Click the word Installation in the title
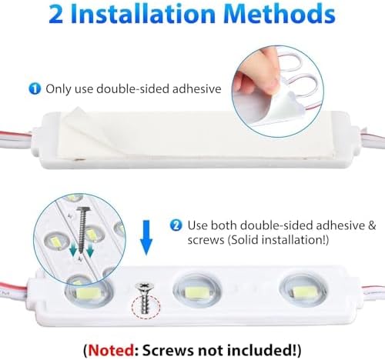[x=142, y=14]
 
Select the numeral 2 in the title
[x=55, y=15]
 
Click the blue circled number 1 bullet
[x=35, y=88]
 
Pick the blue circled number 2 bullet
[x=176, y=225]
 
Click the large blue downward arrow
[x=146, y=238]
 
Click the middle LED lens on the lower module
[x=197, y=291]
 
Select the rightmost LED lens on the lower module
[x=304, y=290]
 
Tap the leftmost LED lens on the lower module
[x=89, y=292]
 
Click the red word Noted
[x=111, y=350]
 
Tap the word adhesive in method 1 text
[x=197, y=88]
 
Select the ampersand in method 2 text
[x=372, y=225]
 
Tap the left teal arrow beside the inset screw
[x=73, y=249]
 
